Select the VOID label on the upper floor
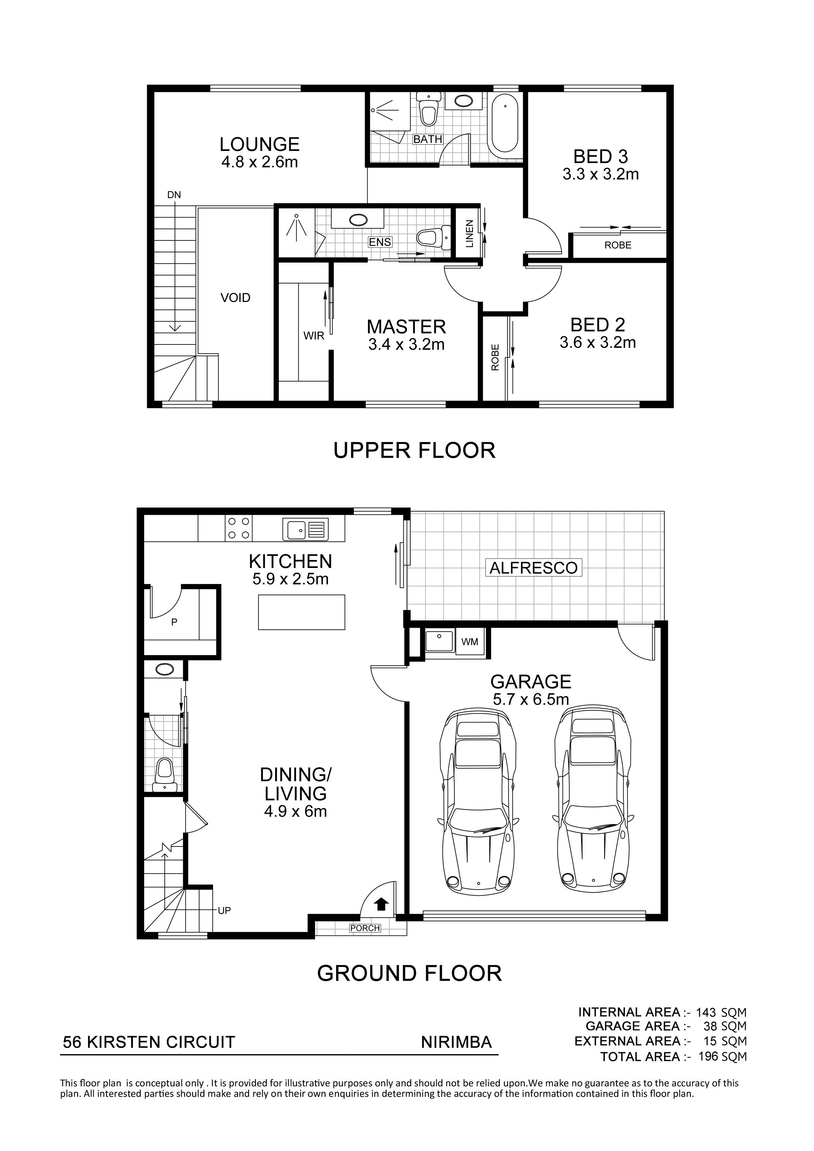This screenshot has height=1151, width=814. tap(235, 298)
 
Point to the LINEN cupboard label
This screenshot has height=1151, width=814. tap(469, 234)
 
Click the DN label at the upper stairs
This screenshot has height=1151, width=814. tap(174, 195)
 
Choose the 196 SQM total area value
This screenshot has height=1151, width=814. tap(722, 1057)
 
